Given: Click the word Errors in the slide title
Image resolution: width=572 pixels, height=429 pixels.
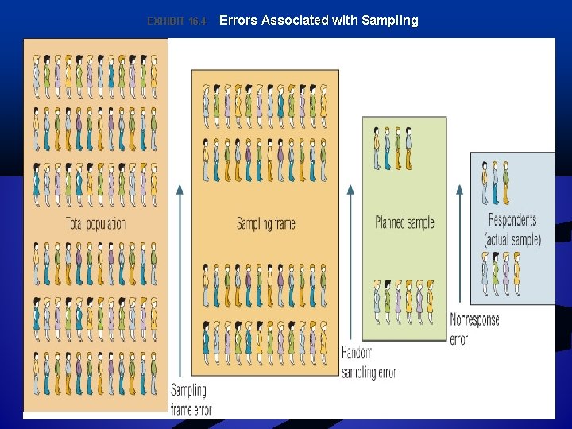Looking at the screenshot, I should pos(238,21).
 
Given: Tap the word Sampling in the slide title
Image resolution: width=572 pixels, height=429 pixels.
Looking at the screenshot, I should pos(389,21).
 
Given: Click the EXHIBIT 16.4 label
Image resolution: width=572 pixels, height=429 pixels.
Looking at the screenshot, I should pos(176,21).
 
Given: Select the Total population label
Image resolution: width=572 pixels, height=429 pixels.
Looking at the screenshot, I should pos(95,223).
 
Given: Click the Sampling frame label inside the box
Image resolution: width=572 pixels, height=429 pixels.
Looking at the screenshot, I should pos(265,223).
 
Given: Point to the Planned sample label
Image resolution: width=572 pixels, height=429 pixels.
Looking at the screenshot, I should pos(404,222).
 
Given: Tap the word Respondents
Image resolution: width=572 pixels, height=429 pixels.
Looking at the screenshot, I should pos(512,220).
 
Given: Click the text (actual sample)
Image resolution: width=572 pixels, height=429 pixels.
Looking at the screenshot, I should pos(512,238).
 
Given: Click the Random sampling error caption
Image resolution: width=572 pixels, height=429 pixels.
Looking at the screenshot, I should pos(369,362).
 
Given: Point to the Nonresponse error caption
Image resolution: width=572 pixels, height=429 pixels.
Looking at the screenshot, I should pos(474,329).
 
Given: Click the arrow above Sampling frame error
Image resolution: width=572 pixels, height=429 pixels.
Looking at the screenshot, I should pos(180,278).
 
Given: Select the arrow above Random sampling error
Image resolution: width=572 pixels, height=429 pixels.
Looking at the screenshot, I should pos(351,262).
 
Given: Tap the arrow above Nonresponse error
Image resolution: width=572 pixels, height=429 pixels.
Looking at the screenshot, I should pos(458,246).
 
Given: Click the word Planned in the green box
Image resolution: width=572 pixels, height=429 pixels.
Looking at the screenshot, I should pos(389,222).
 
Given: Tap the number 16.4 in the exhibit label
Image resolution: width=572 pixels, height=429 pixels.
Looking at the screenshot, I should pos(197,21).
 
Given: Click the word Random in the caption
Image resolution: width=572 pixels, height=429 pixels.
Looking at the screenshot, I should pos(357,353).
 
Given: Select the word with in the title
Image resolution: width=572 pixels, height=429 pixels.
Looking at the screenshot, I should pos(343,21).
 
